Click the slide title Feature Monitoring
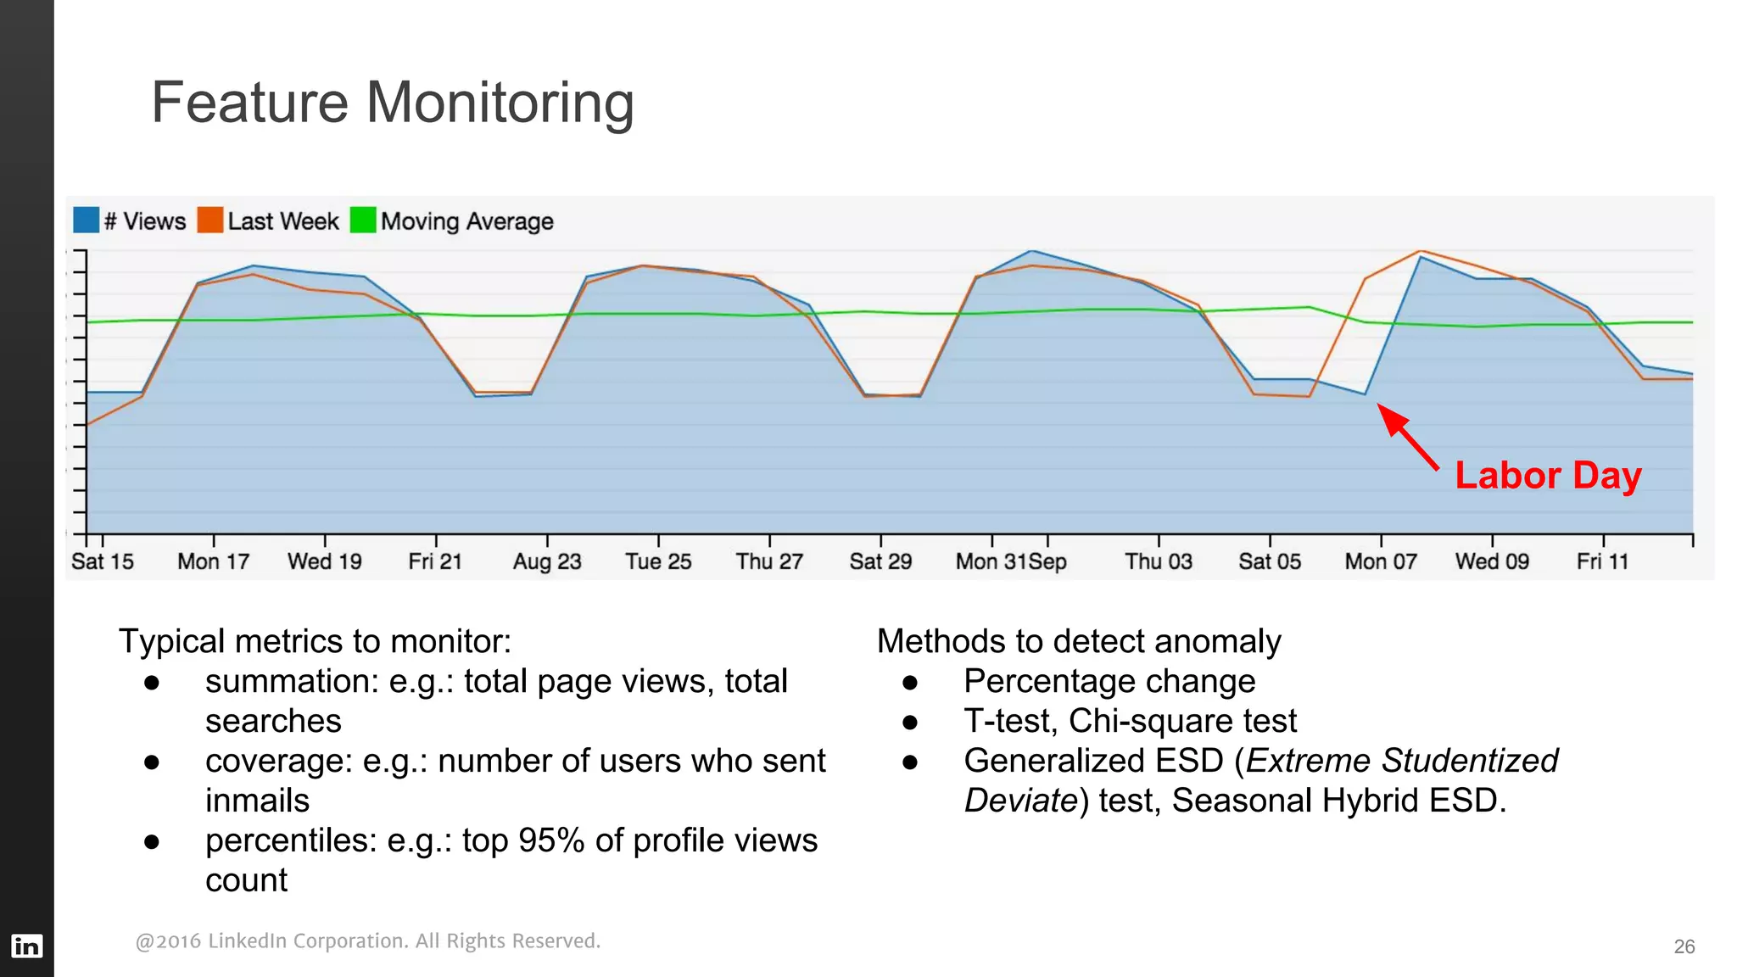coord(392,103)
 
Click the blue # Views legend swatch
coord(86,220)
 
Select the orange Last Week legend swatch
coord(209,220)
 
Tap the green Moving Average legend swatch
coord(363,220)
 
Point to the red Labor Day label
coord(1548,475)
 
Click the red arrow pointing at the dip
coord(1408,437)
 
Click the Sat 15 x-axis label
coord(102,561)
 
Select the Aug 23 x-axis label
coord(547,561)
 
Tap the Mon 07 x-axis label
coord(1380,561)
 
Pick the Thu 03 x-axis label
coord(1158,561)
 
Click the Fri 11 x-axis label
coord(1602,561)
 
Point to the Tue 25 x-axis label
coord(658,561)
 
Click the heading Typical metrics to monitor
coord(315,641)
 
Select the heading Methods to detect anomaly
coord(1078,641)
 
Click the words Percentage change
coord(1109,681)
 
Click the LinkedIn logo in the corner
coord(26,946)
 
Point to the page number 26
coord(1684,946)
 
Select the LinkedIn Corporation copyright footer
coord(367,941)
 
